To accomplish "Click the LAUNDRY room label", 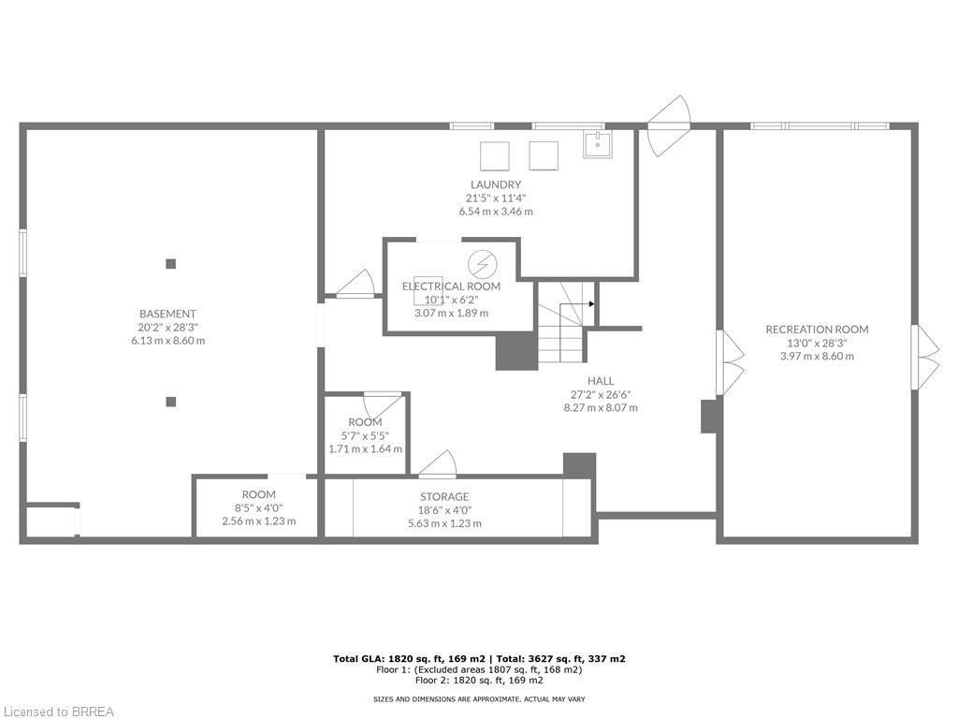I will pos(495,185).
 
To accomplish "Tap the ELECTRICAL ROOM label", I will pos(451,286).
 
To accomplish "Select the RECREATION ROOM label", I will pos(817,330).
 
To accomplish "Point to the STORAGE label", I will pos(444,497).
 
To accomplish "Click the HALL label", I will pos(601,381).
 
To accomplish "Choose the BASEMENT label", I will pos(167,314).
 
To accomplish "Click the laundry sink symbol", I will pos(597,144).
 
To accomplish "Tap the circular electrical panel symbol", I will pos(482,263).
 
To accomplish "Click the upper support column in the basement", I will pos(170,264).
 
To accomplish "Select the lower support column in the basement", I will pos(170,402).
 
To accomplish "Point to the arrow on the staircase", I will pos(590,303).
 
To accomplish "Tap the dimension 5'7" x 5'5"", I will pos(365,435).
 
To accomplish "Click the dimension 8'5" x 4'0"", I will pos(258,507).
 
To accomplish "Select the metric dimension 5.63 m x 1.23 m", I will pos(444,523).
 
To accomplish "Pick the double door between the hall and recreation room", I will pos(730,361).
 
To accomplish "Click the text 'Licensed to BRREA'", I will pos(57,712).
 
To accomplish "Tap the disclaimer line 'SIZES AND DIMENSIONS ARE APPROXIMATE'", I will pos(478,698).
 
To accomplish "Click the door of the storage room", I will pos(438,463).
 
